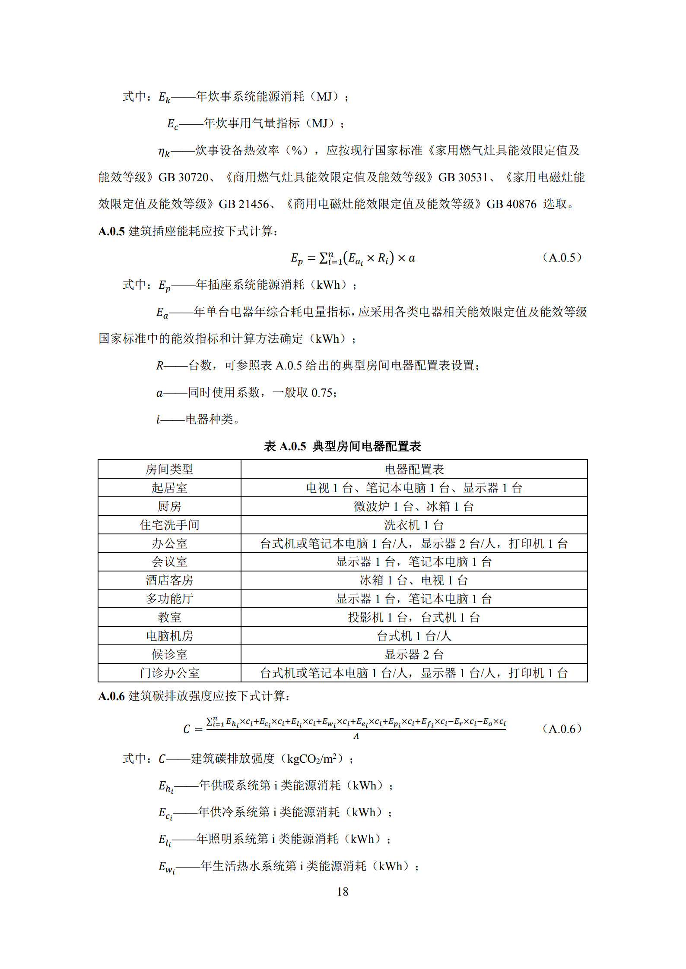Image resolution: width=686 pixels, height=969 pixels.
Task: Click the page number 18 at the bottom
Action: (342, 891)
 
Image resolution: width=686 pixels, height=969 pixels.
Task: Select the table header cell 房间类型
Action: (169, 469)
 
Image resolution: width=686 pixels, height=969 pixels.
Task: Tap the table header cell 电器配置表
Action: (414, 469)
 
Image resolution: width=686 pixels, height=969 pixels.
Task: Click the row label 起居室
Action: (169, 488)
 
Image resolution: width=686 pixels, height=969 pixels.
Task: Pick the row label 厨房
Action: (169, 506)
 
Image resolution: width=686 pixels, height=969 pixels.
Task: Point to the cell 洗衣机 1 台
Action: (414, 525)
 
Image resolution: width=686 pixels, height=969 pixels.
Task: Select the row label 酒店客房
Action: (169, 580)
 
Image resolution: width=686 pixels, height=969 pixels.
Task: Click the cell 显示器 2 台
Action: (414, 654)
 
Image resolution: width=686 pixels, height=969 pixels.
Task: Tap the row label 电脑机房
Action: (169, 636)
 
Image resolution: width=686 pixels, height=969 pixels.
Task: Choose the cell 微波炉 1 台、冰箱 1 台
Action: (414, 506)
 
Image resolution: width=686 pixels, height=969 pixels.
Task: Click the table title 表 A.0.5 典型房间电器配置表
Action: (342, 446)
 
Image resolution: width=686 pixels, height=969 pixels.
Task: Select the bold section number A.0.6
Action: (111, 696)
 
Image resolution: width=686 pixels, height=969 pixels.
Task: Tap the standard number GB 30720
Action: (183, 177)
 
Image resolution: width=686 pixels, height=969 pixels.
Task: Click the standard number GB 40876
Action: (511, 204)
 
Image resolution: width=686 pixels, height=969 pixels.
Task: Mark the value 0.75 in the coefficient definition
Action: (322, 393)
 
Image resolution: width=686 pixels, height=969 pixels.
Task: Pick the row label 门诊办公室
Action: (169, 673)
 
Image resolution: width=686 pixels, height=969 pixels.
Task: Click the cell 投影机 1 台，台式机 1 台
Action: (414, 617)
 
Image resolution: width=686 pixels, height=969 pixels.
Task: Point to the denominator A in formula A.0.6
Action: (356, 736)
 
